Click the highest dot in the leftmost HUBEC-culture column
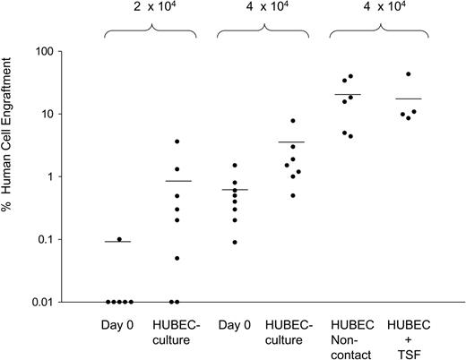(177, 141)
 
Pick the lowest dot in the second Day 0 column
(235, 242)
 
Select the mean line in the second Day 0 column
(235, 190)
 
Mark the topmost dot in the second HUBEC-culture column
(292, 121)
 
